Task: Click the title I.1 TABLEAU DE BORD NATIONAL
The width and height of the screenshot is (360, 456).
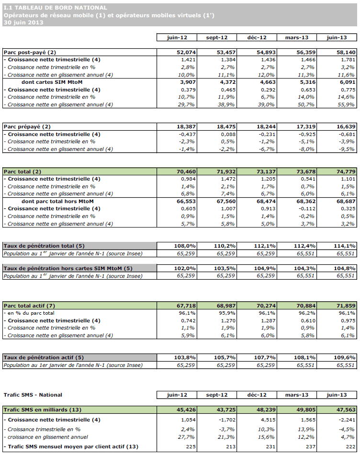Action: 55,8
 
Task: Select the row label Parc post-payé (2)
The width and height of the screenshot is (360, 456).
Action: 30,52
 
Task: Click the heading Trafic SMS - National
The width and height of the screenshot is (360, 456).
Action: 33,395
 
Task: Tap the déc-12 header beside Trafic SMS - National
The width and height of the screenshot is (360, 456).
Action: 257,395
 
